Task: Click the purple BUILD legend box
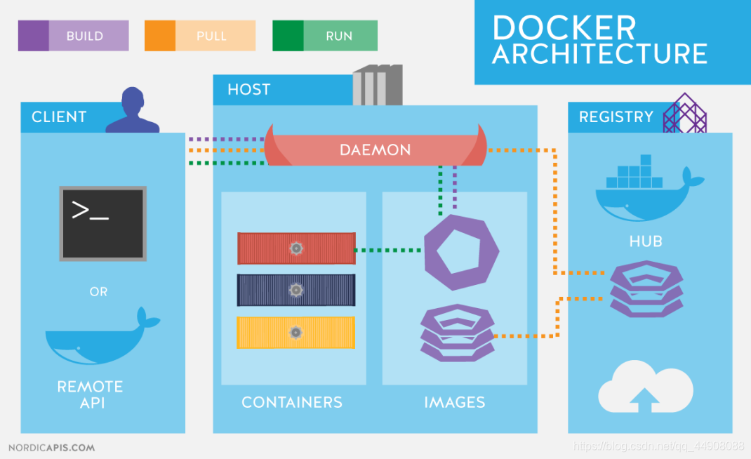tap(74, 36)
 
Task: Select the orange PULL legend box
tap(200, 36)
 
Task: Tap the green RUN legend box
tap(325, 36)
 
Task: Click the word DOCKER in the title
tap(564, 28)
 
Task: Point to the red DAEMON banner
tap(375, 149)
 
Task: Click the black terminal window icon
tap(103, 223)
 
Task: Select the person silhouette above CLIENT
tap(133, 111)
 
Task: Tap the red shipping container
tap(296, 248)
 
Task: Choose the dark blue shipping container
tap(296, 290)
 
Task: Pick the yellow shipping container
tap(296, 332)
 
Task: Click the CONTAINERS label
tap(292, 402)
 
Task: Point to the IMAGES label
tap(454, 402)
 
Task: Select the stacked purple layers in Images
tap(457, 332)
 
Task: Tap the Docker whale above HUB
tap(646, 193)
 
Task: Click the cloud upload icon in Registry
tap(645, 388)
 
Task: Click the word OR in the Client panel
tap(98, 291)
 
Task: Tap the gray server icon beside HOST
tap(378, 85)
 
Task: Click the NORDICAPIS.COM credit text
tap(51, 447)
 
